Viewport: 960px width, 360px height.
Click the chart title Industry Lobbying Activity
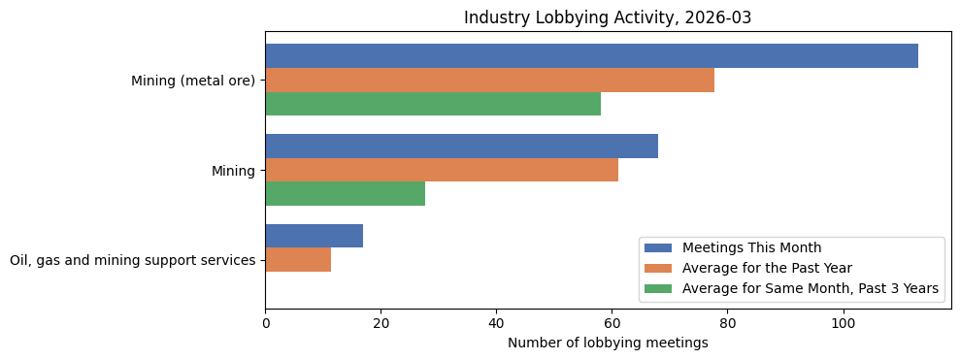[607, 17]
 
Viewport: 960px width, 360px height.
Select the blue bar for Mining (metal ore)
[591, 56]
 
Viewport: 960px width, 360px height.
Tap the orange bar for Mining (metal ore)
[489, 81]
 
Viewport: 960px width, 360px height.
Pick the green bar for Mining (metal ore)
[433, 104]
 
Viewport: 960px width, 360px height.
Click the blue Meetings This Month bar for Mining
[461, 147]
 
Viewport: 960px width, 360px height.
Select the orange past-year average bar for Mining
[442, 170]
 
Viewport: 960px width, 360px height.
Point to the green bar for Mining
[345, 194]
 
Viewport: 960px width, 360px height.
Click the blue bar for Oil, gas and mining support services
[314, 236]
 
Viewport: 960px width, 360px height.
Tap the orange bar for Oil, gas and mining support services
[298, 260]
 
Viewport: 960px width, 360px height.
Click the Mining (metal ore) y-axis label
[193, 81]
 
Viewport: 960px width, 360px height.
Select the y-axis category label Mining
[233, 171]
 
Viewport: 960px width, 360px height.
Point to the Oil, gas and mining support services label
[132, 260]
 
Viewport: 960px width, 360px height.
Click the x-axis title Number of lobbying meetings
[608, 343]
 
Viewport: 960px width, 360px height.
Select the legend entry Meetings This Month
[751, 247]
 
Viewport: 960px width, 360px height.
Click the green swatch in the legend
[657, 288]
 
